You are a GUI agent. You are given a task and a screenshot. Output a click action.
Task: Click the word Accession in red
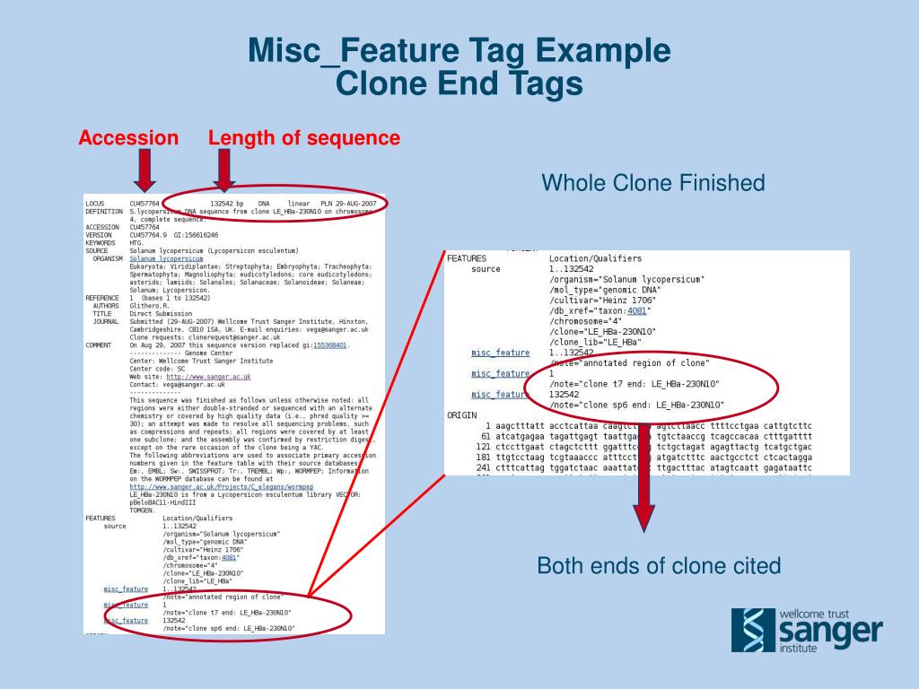[128, 138]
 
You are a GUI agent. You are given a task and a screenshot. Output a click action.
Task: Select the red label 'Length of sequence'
[304, 138]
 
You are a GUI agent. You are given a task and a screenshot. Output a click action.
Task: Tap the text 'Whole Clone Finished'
[652, 184]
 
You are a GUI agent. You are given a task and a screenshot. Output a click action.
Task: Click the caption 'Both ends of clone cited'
[659, 566]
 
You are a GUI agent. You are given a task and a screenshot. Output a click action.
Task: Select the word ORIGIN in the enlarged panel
[461, 414]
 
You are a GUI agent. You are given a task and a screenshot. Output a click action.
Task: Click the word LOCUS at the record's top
[95, 204]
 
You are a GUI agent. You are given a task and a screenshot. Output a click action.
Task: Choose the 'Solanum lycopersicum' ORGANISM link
[166, 258]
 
